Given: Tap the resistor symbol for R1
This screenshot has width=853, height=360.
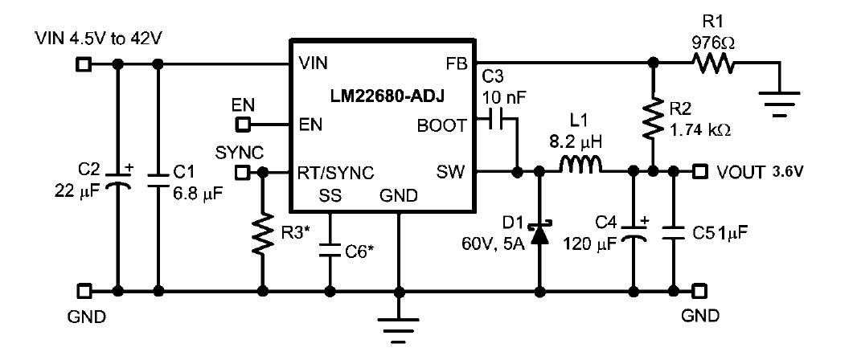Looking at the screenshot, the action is pyautogui.click(x=713, y=65).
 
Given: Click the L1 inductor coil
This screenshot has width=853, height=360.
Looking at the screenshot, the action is pyautogui.click(x=580, y=166).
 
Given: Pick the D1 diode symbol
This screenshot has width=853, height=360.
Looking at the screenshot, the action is pyautogui.click(x=539, y=233).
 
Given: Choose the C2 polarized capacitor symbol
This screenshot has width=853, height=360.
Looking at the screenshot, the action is pyautogui.click(x=117, y=179).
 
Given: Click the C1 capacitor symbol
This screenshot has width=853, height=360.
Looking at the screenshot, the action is pyautogui.click(x=158, y=179).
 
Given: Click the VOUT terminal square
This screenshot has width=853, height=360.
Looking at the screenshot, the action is pyautogui.click(x=702, y=173).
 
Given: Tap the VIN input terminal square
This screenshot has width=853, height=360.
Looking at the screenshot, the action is pyautogui.click(x=82, y=65).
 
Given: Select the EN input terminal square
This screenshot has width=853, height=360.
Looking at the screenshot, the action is pyautogui.click(x=243, y=125).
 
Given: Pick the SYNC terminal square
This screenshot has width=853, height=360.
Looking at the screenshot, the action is pyautogui.click(x=243, y=173).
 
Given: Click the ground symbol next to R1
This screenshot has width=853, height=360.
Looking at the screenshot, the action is pyautogui.click(x=781, y=104).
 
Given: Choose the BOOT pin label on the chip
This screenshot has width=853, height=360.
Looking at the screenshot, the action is pyautogui.click(x=441, y=125).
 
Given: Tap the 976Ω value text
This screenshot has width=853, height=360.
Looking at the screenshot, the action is pyautogui.click(x=712, y=43).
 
